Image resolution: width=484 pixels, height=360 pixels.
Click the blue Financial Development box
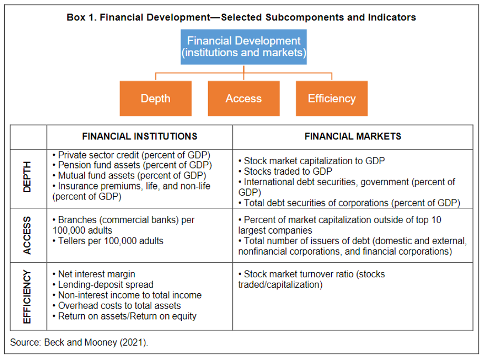243,47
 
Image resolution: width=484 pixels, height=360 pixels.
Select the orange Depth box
155,98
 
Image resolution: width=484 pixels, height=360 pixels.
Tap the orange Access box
243,98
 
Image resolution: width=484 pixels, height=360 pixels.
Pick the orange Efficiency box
332,98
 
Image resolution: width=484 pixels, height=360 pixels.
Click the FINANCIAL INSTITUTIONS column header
140,136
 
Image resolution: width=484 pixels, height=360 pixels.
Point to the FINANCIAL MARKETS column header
353,136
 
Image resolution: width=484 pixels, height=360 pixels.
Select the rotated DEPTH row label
27,177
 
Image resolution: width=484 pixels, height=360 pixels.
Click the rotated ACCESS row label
27,235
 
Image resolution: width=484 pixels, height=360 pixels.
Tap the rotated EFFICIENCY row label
27,297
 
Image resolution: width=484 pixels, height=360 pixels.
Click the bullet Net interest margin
94,274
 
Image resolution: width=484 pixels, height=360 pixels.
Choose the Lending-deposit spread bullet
103,285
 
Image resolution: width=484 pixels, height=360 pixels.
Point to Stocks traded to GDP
285,171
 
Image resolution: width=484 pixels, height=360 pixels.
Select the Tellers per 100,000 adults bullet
108,241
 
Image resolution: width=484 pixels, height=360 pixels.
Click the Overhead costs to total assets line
117,306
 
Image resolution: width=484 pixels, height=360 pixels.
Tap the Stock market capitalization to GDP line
311,161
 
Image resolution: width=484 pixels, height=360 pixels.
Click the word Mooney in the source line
101,343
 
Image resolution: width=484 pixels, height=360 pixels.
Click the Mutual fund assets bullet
130,176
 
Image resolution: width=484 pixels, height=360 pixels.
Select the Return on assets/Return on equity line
124,316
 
